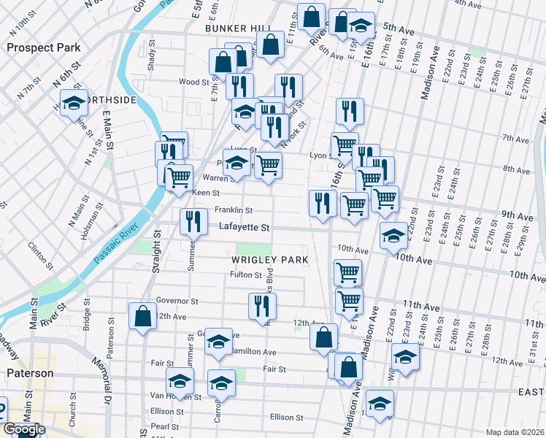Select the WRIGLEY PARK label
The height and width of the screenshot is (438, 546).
[269, 260]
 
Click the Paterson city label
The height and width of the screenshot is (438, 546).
[30, 373]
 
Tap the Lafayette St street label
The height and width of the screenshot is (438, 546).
[245, 228]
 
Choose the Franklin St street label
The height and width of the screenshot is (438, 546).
[233, 210]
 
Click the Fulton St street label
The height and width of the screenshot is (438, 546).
[246, 275]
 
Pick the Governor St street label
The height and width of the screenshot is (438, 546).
[177, 301]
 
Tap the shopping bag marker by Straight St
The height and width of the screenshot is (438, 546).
[142, 316]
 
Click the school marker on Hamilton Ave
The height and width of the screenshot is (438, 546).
[218, 342]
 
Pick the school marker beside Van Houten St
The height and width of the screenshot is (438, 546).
[180, 380]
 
